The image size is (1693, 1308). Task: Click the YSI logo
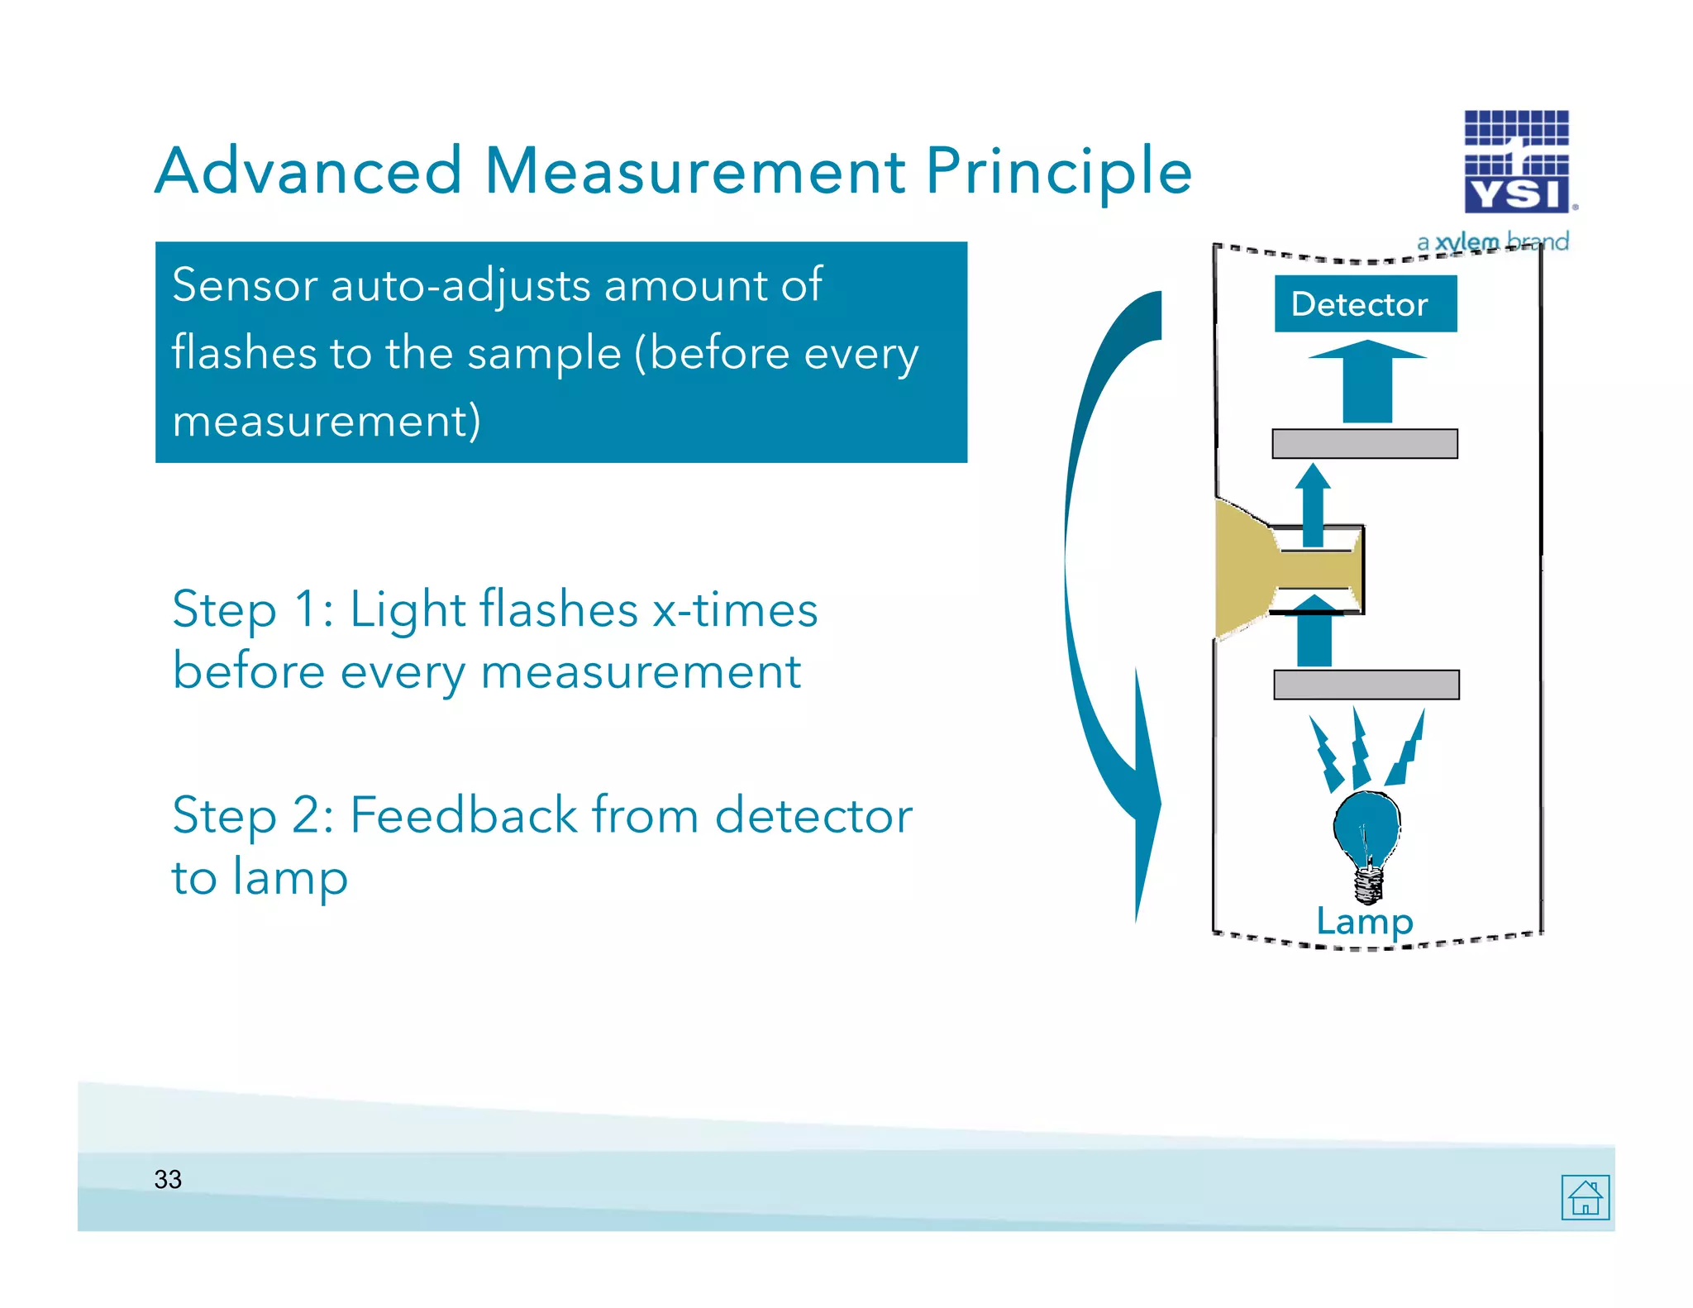point(1517,162)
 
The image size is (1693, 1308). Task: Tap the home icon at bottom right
point(1585,1197)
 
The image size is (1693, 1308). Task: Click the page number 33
point(168,1179)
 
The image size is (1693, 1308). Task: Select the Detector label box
point(1365,303)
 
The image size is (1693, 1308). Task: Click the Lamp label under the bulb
point(1365,921)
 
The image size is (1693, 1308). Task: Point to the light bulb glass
point(1366,827)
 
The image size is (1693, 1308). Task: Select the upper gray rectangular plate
point(1364,443)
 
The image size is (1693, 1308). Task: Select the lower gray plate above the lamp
point(1366,685)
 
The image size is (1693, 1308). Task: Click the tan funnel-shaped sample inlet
point(1248,569)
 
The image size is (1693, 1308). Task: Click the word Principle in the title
point(1058,171)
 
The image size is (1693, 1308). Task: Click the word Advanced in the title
point(308,171)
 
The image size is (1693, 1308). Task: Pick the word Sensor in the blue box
point(245,285)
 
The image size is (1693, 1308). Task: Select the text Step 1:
point(252,610)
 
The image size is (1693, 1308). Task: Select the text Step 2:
point(252,816)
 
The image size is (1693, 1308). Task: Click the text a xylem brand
point(1492,242)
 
